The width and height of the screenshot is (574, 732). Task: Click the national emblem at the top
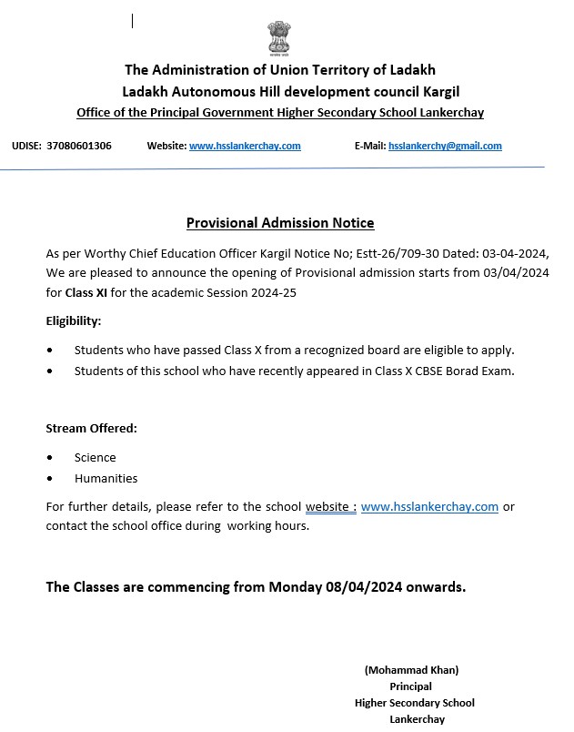point(280,37)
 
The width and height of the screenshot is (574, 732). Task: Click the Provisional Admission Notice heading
point(280,223)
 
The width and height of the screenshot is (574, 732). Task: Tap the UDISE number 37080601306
point(79,146)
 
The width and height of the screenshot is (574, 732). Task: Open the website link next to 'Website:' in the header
point(245,146)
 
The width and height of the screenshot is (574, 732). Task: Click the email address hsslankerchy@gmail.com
point(445,146)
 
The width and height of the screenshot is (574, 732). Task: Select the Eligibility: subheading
point(74,321)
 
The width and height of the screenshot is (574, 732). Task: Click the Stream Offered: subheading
point(91,428)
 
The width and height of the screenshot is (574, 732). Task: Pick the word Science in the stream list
point(96,457)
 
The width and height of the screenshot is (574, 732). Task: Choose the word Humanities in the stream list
point(106,478)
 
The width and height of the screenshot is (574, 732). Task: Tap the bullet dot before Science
point(50,458)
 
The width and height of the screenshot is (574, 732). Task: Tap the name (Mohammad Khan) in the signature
point(411,669)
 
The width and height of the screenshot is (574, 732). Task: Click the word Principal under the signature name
point(410,686)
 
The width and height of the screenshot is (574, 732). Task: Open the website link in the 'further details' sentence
point(429,507)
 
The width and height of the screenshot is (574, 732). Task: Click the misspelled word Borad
point(459,371)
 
